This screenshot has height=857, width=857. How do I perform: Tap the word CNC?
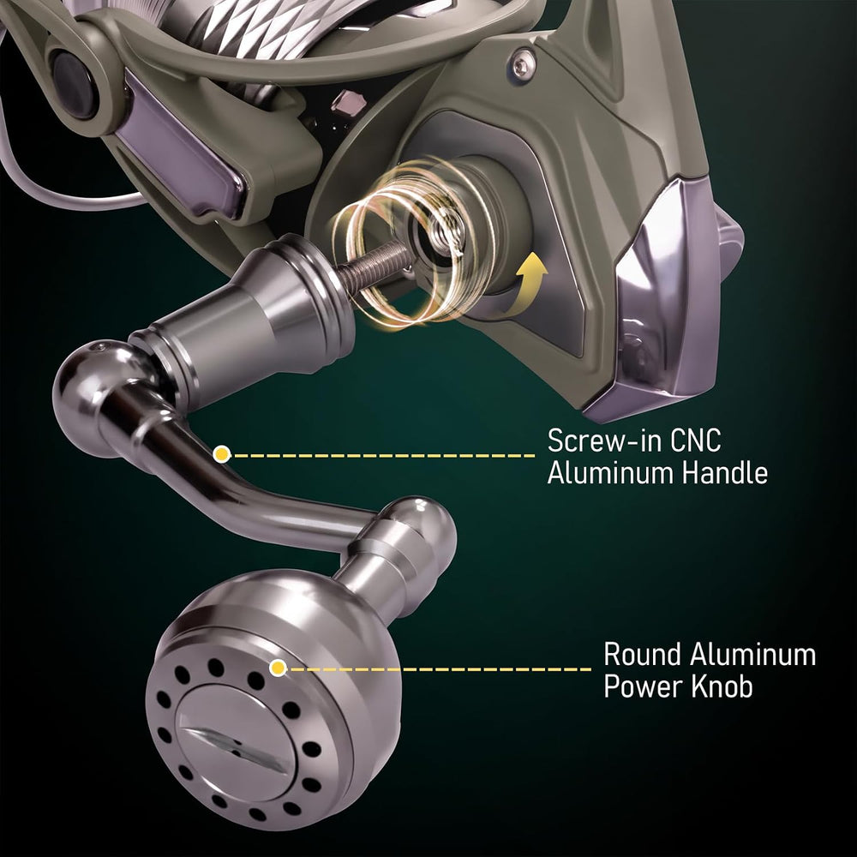[x=696, y=440]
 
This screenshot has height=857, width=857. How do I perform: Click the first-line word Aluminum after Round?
[x=752, y=654]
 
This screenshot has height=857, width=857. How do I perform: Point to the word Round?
[x=642, y=654]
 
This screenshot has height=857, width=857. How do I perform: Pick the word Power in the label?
[x=644, y=686]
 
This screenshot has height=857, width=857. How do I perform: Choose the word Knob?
[x=722, y=686]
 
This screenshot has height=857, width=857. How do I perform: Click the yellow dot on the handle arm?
[x=221, y=454]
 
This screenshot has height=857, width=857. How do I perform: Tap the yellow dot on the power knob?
[x=279, y=668]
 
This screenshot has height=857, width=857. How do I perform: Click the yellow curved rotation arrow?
[x=527, y=285]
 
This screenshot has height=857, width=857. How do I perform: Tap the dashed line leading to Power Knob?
[x=440, y=668]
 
